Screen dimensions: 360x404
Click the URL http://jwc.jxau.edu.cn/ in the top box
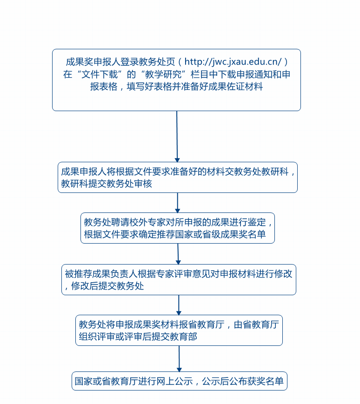[233, 62]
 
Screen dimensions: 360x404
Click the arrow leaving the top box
[177, 137]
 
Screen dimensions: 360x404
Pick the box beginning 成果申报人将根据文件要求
[178, 177]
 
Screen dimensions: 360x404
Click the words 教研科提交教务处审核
[107, 184]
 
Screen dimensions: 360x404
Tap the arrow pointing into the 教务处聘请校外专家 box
[178, 203]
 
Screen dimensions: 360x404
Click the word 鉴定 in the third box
[257, 222]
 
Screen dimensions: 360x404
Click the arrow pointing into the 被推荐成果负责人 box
[178, 254]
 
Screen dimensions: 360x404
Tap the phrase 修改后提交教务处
[107, 286]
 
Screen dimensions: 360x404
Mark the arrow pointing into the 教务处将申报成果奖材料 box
[179, 305]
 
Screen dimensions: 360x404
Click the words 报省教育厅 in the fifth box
[202, 325]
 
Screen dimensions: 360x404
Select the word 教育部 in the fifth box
[183, 337]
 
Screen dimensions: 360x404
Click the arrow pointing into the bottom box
[180, 358]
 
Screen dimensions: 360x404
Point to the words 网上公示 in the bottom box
[174, 381]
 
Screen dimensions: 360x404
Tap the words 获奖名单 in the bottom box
[265, 381]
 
